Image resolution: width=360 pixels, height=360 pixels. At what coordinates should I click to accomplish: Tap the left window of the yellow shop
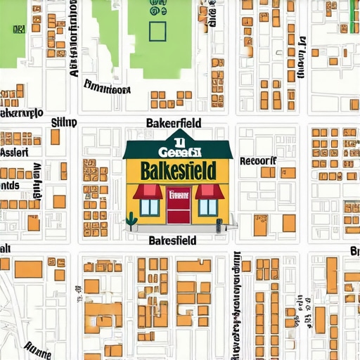tap(149, 207)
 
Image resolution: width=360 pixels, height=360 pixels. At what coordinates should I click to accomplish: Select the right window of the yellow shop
tap(208, 207)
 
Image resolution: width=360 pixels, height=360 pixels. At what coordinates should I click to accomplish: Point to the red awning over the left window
tap(148, 191)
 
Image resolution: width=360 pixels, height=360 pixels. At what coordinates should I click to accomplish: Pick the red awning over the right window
tap(209, 191)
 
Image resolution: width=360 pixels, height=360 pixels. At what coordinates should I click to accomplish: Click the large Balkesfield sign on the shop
tap(179, 171)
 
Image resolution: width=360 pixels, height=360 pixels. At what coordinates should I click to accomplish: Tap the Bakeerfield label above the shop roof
tap(173, 123)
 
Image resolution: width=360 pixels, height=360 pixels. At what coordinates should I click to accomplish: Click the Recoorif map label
tap(258, 160)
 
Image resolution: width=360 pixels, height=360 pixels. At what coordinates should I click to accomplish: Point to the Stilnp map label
tap(65, 122)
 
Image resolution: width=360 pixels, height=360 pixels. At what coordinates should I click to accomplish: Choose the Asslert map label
tap(14, 151)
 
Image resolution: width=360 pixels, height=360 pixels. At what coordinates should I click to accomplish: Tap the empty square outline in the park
tap(157, 31)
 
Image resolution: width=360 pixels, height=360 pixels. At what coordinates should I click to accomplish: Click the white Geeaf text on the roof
tap(179, 150)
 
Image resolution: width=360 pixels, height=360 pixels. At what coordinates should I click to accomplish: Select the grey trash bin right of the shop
tap(219, 225)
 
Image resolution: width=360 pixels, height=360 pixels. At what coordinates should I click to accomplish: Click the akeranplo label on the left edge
tap(21, 112)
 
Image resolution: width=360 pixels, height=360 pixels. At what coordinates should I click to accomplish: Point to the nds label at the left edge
tap(9, 186)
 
